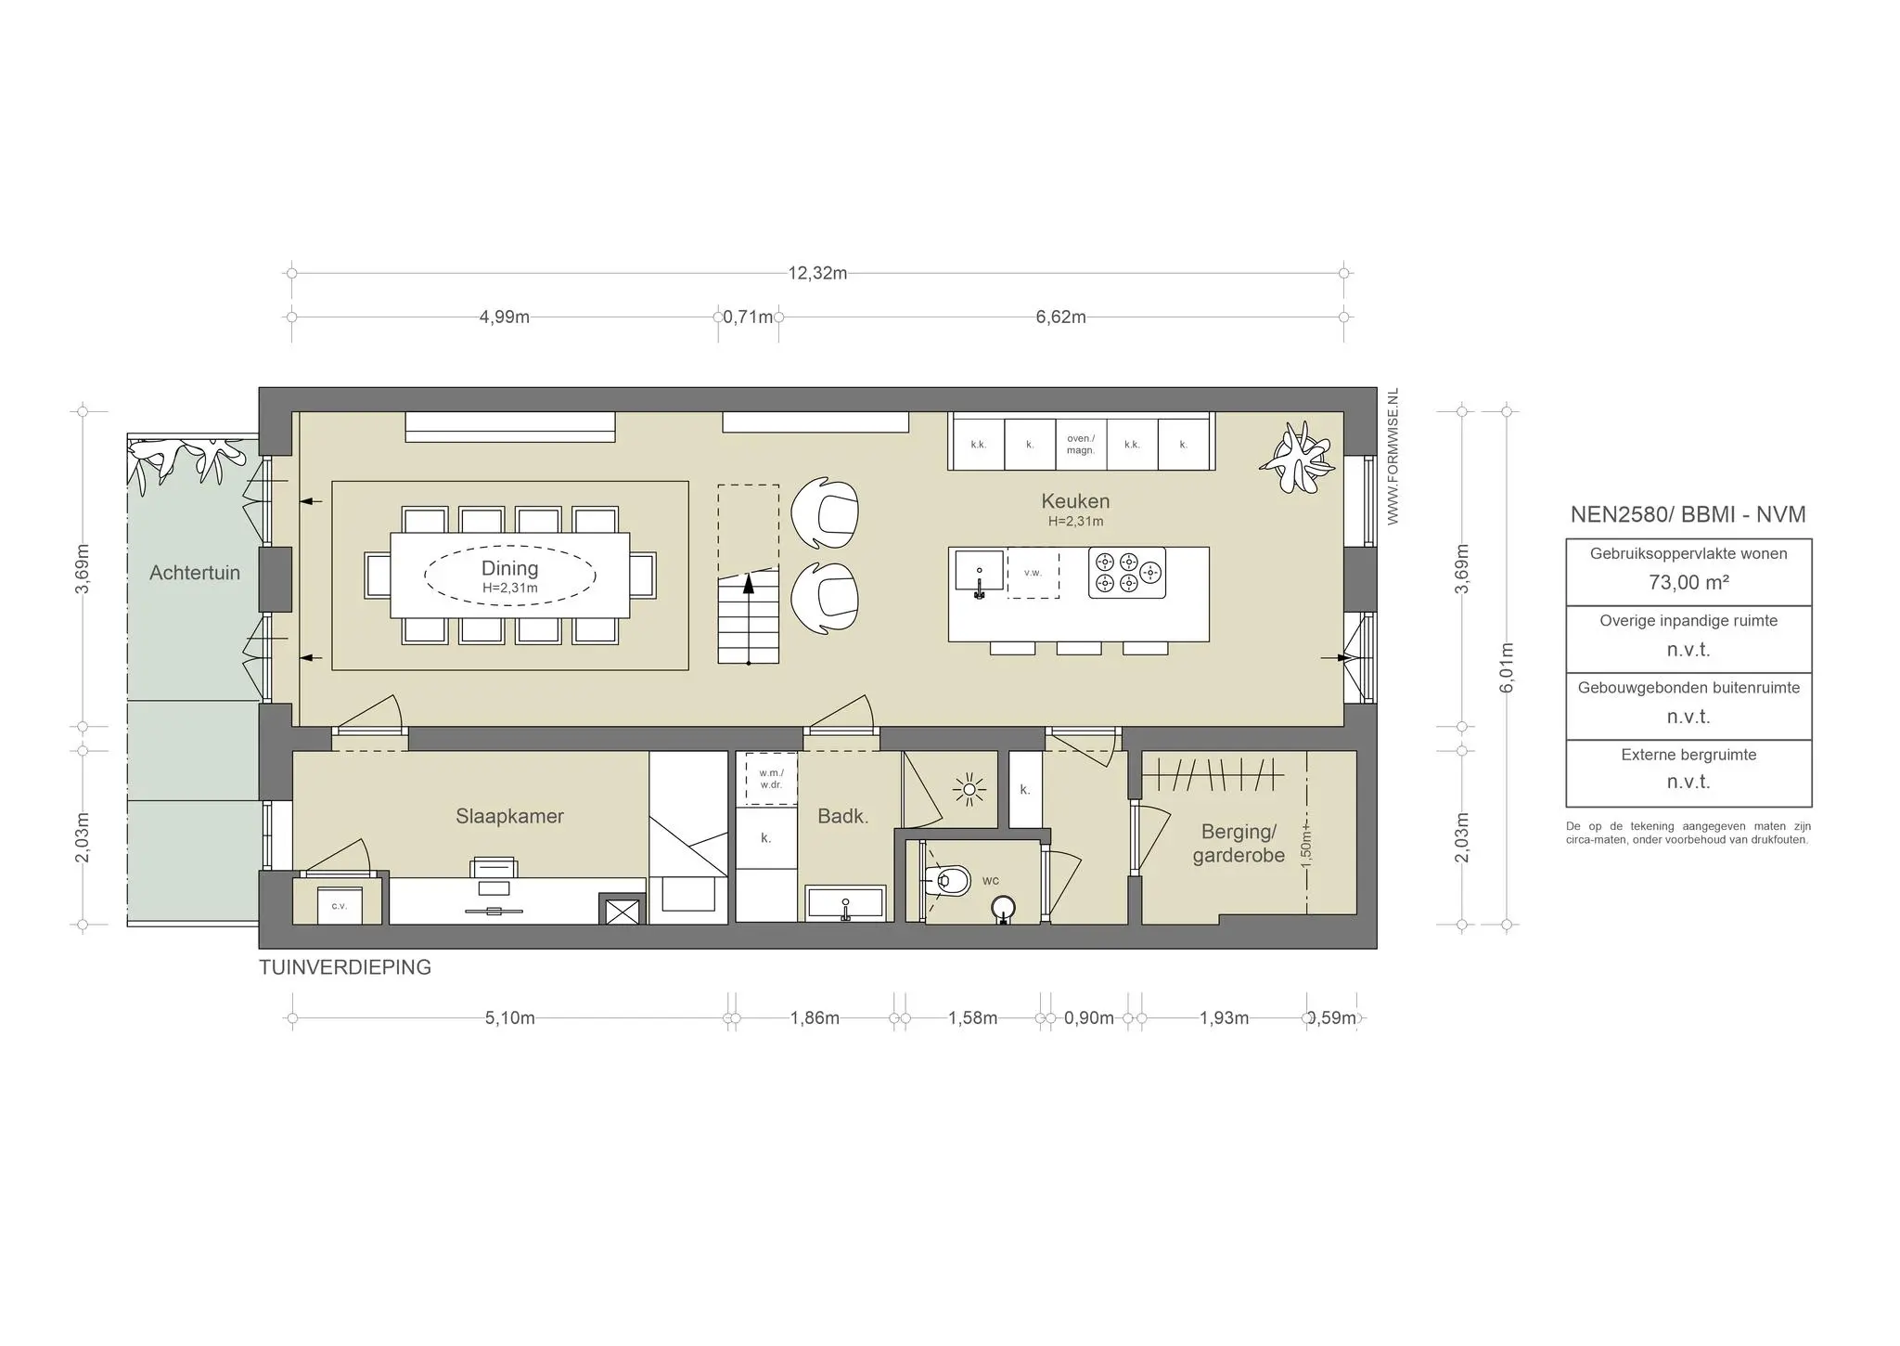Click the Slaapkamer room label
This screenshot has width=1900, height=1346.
pos(509,816)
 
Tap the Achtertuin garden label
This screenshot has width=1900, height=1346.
pos(195,573)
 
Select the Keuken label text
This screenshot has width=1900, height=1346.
pos(1075,501)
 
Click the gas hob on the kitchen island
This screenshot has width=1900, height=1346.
pos(1127,573)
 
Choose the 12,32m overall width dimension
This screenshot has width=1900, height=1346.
pos(817,274)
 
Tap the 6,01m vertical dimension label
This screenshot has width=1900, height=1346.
pos(1507,667)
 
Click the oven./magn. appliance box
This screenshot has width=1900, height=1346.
pos(1081,445)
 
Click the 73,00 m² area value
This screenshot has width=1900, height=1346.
pos(1688,582)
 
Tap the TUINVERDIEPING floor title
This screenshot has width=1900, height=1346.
pos(345,967)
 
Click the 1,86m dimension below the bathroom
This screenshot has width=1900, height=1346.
pos(815,1018)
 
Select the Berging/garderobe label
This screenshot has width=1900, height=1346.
pos(1239,844)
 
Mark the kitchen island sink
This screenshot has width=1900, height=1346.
pos(979,571)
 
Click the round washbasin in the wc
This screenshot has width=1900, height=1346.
pos(1004,909)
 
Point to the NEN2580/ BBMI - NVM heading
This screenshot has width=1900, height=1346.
pos(1688,515)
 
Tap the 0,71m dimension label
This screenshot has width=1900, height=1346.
pos(748,317)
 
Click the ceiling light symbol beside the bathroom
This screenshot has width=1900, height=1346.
pos(969,790)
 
